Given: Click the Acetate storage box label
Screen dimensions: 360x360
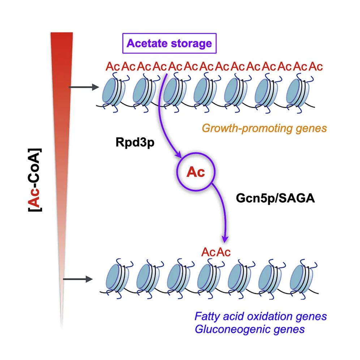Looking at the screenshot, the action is pos(169,43).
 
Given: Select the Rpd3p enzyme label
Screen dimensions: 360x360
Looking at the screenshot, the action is pos(135,142).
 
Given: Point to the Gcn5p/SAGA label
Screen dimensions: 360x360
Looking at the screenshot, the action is pos(275,198).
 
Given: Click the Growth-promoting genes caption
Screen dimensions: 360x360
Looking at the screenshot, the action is pos(264,128).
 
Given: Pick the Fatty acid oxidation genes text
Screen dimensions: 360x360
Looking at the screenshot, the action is pos(261,316).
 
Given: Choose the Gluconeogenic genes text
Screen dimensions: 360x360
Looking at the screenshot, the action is pos(249,329).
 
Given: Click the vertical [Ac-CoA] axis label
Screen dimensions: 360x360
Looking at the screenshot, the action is pos(35,180).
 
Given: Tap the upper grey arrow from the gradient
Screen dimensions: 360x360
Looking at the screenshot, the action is pos(84,87).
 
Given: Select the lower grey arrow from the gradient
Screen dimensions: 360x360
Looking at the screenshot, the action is pos(78,279).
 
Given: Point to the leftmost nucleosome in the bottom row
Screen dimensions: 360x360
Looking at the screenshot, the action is pos(117,278).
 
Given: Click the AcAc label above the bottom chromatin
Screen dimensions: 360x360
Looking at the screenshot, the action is pos(216,252).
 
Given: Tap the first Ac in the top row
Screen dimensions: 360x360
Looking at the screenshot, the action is pos(113,67).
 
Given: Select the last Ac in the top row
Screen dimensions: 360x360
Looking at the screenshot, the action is pos(316,67).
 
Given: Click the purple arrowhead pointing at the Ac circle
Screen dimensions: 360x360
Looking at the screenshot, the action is pos(178,155).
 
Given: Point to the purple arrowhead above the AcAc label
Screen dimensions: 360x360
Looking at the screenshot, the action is pos(225,239).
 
